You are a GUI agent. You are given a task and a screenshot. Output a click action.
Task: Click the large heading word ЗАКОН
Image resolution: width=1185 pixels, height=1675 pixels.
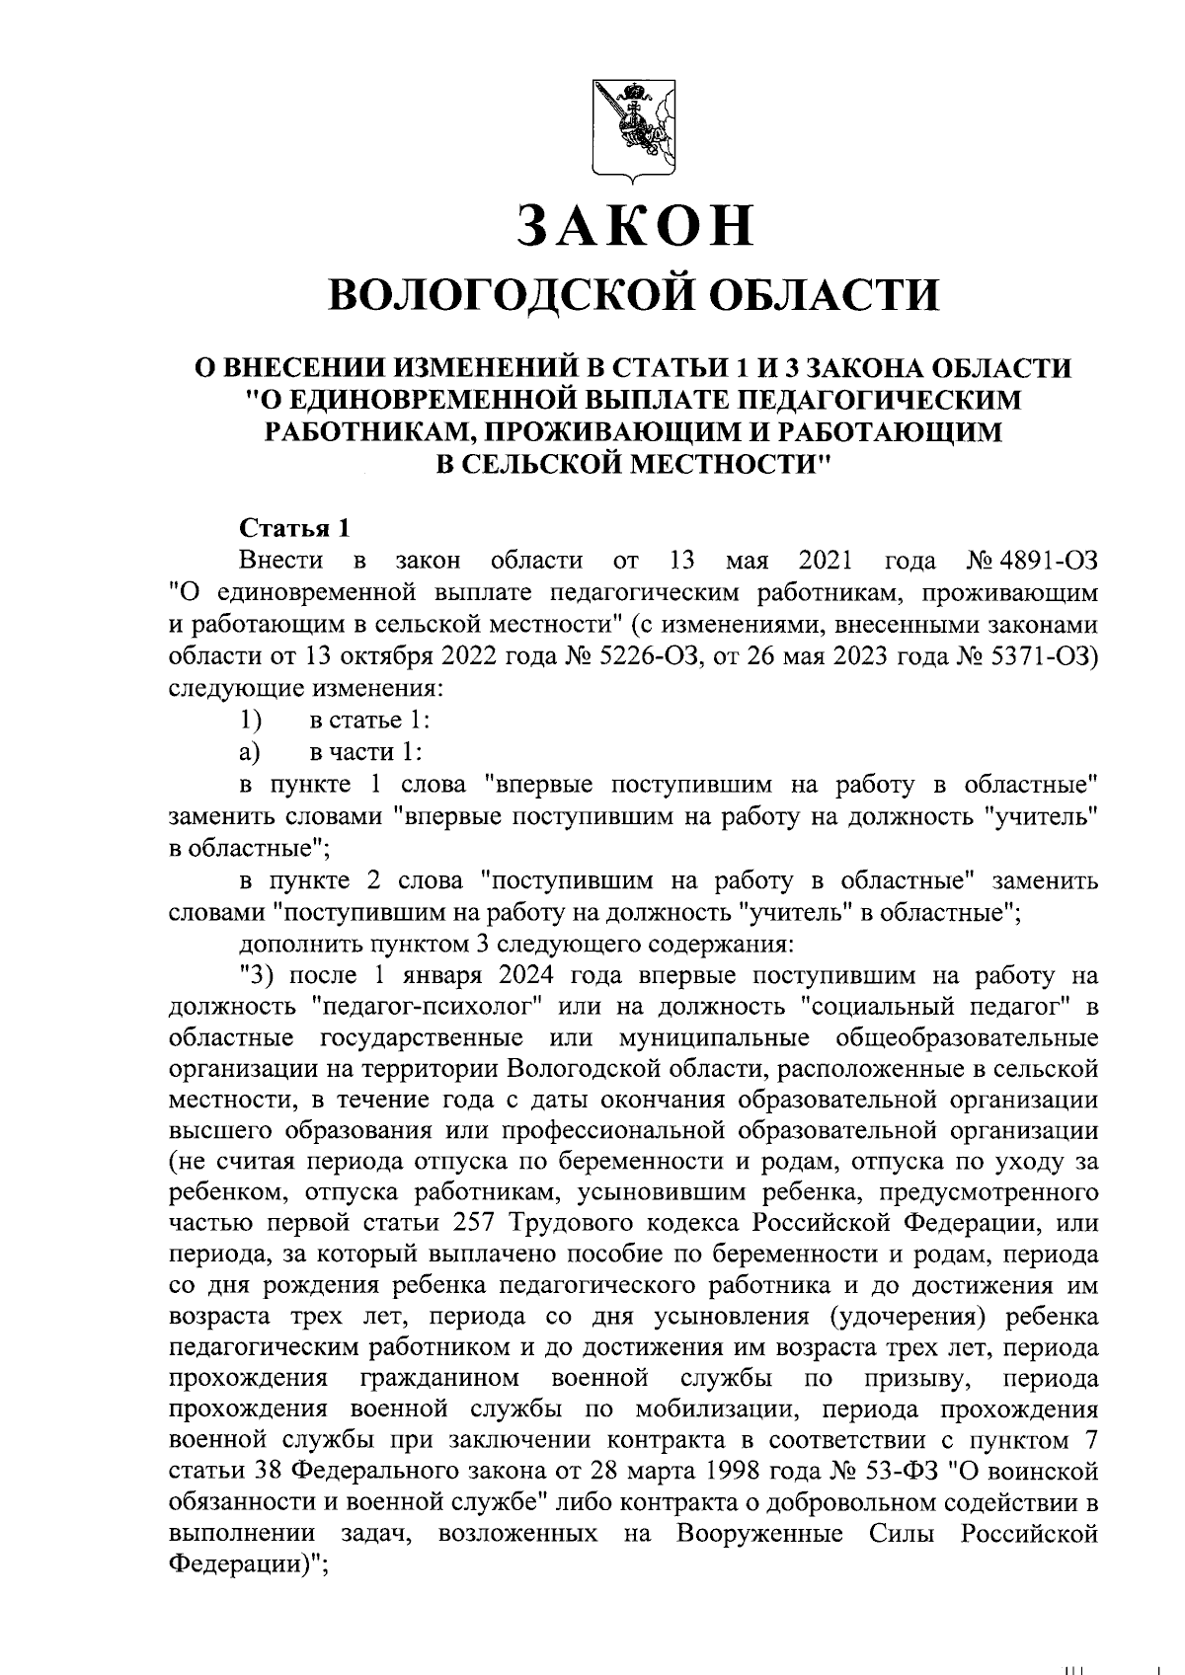[633, 225]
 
